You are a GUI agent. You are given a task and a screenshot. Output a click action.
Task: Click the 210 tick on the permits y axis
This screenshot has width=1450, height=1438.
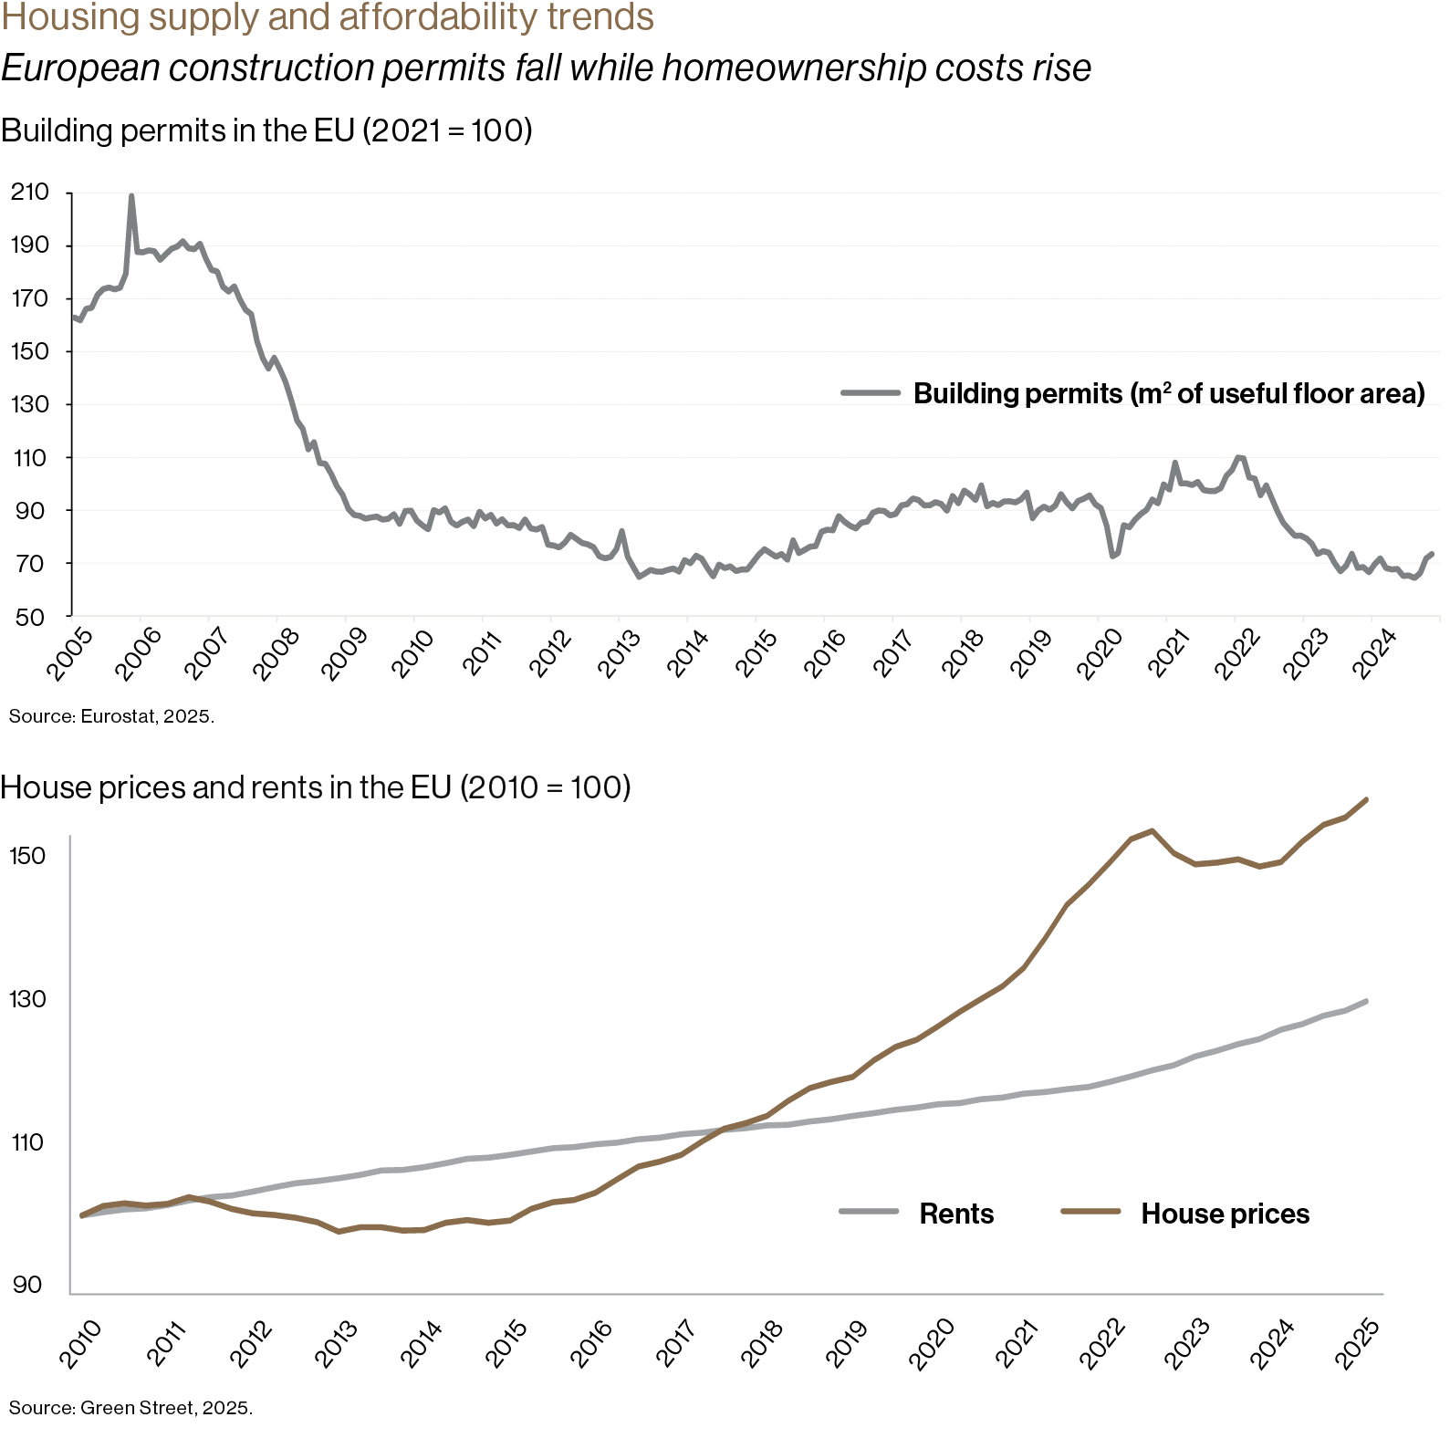[29, 193]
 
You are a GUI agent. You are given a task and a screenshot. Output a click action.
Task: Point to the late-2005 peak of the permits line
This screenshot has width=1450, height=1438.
[131, 196]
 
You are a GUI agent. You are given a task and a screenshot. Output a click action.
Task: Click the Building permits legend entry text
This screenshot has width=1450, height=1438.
[1168, 393]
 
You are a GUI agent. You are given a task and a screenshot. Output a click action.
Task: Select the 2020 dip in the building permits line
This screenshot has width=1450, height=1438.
[1112, 555]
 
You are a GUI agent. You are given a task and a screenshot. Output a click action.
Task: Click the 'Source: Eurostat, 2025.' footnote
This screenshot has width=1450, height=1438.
[111, 717]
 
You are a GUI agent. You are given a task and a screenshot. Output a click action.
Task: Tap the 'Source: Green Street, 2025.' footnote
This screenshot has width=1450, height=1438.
[130, 1408]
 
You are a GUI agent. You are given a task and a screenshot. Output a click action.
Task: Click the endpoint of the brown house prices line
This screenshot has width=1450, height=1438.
[1366, 800]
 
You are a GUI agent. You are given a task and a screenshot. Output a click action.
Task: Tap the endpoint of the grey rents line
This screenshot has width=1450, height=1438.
[1366, 1001]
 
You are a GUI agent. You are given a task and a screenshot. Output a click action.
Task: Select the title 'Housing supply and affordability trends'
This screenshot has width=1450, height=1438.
[328, 17]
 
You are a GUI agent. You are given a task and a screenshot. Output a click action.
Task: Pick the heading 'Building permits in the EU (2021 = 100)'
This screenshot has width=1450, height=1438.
[266, 131]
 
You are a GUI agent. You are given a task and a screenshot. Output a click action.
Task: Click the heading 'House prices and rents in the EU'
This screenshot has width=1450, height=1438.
[316, 787]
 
